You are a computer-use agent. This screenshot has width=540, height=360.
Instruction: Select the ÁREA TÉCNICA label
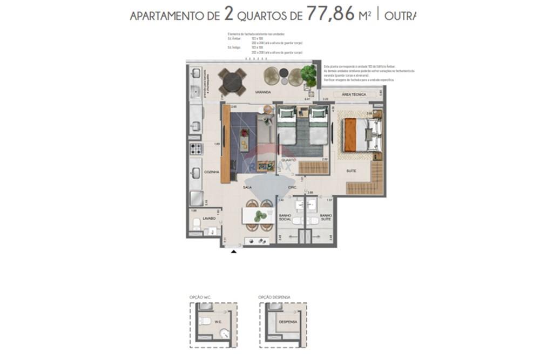tap(354, 94)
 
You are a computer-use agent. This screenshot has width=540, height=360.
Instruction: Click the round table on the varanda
tap(233, 82)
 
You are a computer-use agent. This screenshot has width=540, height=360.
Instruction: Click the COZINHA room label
tap(211, 172)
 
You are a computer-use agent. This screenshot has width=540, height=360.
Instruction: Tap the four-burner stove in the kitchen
tap(195, 148)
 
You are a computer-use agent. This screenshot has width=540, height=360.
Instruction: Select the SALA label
tap(248, 187)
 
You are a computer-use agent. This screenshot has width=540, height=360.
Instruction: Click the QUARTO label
tap(288, 160)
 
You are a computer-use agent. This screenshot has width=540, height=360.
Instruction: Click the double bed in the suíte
tap(363, 135)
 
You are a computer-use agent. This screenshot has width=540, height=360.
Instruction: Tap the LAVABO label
tap(209, 219)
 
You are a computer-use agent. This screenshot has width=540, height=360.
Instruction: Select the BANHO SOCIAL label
tap(285, 218)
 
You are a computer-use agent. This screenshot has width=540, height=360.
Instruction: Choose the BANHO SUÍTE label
tap(326, 218)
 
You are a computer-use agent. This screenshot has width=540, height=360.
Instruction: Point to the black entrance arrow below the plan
tap(233, 251)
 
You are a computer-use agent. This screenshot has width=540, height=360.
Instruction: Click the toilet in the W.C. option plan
tap(205, 321)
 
